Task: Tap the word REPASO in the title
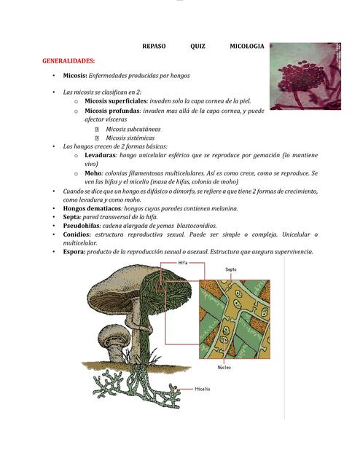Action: pyautogui.click(x=154, y=47)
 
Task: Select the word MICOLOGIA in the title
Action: pyautogui.click(x=246, y=47)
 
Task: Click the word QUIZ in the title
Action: pyautogui.click(x=197, y=47)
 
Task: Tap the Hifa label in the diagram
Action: pyautogui.click(x=183, y=263)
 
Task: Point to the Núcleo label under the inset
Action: pyautogui.click(x=224, y=368)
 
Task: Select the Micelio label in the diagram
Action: pyautogui.click(x=202, y=390)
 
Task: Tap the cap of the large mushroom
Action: pyautogui.click(x=120, y=288)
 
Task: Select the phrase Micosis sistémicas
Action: pyautogui.click(x=130, y=138)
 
